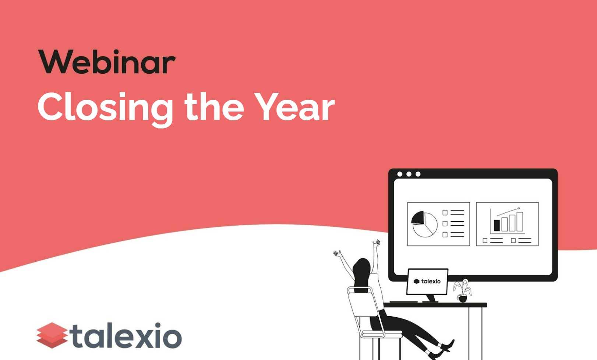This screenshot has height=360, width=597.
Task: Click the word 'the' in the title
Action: (214, 107)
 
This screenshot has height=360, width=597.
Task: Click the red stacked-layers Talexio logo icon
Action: (52, 335)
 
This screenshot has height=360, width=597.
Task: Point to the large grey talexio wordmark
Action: (127, 335)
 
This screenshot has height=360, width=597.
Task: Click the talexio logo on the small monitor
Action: (427, 281)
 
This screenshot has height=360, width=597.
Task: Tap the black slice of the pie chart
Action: (418, 218)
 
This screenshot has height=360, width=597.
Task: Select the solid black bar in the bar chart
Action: (497, 225)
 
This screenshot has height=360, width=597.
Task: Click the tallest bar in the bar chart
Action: (519, 222)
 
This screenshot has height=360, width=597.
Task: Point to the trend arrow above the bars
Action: (508, 212)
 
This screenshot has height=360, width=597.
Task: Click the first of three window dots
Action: (400, 174)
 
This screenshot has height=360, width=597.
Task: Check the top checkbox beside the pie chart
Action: (445, 213)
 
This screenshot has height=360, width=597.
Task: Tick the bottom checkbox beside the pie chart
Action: (445, 234)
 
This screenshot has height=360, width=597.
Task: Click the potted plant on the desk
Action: (462, 291)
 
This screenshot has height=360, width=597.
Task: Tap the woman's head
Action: (362, 268)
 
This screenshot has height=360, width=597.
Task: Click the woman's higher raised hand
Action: (377, 243)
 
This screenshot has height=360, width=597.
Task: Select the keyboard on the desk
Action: (403, 302)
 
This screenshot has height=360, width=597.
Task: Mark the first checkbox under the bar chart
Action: (485, 241)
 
